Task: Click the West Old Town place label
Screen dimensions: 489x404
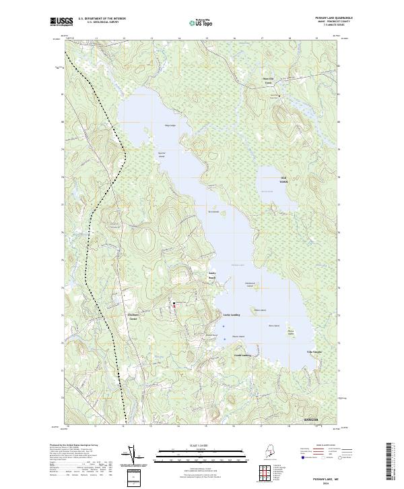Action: click(268, 83)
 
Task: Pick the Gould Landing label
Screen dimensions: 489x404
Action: click(242, 354)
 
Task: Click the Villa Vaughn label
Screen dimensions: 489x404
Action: click(314, 351)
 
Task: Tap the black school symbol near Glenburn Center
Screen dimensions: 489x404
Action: click(174, 305)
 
